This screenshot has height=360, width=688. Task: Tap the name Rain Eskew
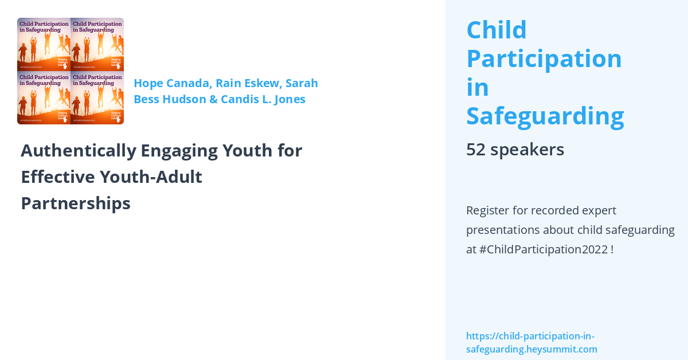pos(247,83)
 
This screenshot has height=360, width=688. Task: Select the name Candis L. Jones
pos(263,99)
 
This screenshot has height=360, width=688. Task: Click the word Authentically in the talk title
pos(79,151)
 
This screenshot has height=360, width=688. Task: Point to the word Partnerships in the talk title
pos(76,204)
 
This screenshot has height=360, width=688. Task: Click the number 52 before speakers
pos(475,150)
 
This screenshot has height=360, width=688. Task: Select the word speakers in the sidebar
pos(527,150)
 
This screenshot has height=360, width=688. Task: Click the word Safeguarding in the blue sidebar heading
pos(545,116)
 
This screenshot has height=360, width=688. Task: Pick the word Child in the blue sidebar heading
pos(497,30)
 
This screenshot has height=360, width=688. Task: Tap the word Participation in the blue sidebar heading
pos(544,58)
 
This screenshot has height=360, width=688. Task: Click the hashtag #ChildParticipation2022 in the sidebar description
pos(543,250)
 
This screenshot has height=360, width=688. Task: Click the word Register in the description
pos(487,210)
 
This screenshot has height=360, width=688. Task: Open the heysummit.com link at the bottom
pos(531,343)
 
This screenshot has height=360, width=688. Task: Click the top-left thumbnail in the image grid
pos(44,44)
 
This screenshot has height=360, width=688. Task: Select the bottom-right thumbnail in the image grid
pos(97,98)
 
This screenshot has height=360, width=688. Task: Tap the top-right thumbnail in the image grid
pos(97,44)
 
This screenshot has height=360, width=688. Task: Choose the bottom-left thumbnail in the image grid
pos(44,98)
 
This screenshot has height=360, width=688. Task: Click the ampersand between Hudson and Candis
pos(213,99)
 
